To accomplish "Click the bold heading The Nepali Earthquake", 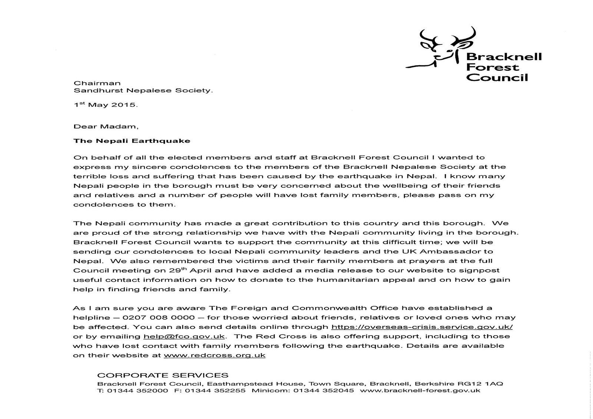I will (x=132, y=141).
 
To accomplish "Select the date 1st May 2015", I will (x=105, y=105).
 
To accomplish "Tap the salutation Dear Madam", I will (x=106, y=126).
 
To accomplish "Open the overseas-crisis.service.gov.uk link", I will (x=422, y=327).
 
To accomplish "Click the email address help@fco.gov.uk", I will (x=184, y=337).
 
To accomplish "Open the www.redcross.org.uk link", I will (x=215, y=355).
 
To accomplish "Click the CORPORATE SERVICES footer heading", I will (x=163, y=375).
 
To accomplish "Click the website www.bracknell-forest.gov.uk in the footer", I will (x=420, y=391).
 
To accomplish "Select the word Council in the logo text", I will (x=497, y=78).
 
